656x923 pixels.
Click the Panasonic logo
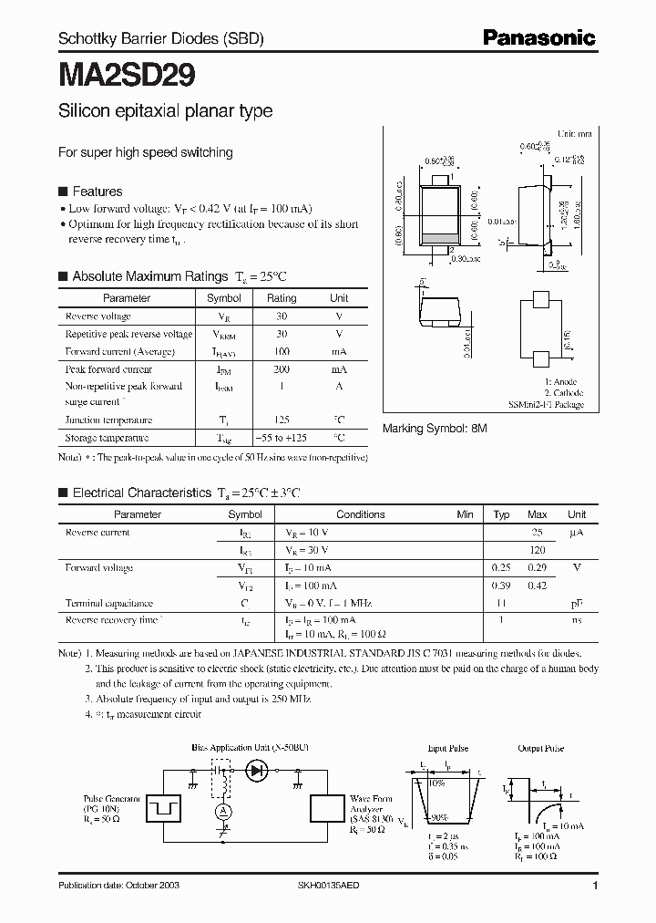(538, 38)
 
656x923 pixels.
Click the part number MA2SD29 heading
(127, 74)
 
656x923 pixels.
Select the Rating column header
(282, 298)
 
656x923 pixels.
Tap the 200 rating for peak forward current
(282, 369)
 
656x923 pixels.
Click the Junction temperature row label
(108, 420)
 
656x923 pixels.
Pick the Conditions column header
(361, 514)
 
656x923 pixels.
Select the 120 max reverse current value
(538, 550)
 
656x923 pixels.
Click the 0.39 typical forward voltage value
(501, 586)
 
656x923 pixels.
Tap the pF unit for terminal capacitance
(576, 604)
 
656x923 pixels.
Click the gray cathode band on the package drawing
(439, 239)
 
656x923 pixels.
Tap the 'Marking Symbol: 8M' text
(435, 428)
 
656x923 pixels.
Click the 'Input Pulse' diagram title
(448, 749)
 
